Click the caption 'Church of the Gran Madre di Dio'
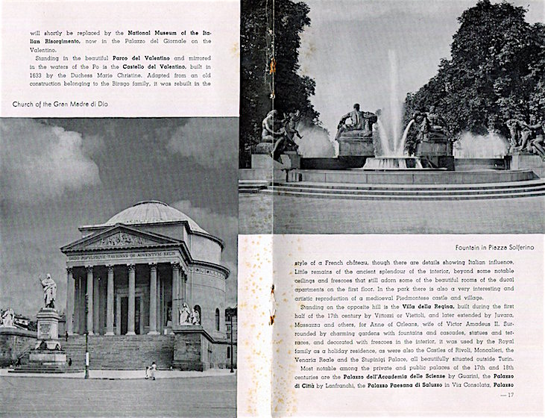[60, 104]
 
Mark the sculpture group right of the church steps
[187, 313]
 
